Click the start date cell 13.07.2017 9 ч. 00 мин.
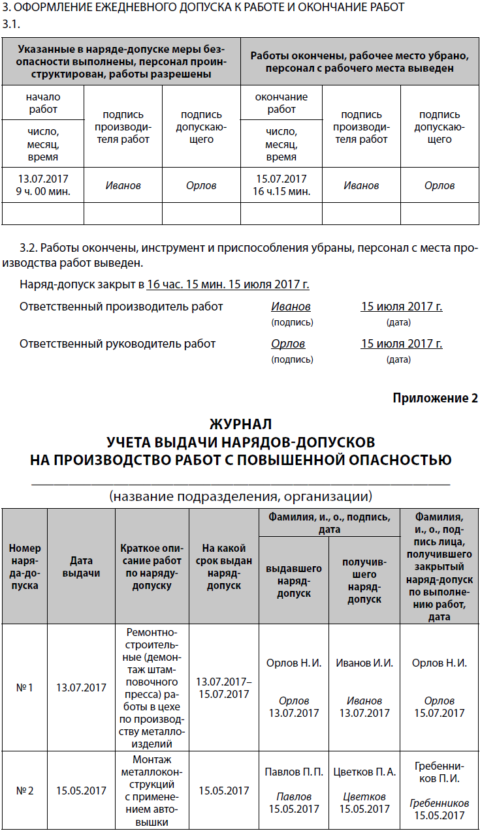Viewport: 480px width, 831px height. coord(43,185)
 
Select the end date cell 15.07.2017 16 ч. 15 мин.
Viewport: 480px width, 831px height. coord(281,185)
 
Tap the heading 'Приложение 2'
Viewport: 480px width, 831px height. coord(436,398)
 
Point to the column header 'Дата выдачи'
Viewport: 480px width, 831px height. coord(81,566)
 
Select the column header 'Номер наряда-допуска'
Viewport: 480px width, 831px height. coord(24,566)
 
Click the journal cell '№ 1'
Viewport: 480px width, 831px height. coord(24,687)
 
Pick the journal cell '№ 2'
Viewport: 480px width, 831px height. coord(24,791)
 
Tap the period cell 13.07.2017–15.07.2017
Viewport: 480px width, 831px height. coord(224,687)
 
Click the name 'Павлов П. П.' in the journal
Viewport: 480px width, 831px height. coord(294,772)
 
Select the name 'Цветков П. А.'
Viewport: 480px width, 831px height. coord(364,772)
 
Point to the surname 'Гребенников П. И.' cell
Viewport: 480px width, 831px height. coord(439,771)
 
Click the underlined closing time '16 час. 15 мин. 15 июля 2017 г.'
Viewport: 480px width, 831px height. coord(228,284)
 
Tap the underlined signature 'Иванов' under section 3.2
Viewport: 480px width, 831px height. coord(291,307)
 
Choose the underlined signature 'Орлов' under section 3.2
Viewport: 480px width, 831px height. coord(288,344)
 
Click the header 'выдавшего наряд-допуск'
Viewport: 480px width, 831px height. coord(294,581)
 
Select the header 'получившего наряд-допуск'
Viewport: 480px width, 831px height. coord(364,579)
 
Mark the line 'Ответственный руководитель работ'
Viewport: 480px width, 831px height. coord(118,344)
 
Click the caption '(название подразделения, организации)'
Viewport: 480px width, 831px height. coord(240,496)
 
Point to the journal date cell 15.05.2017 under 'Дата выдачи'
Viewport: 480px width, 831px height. coord(81,791)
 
